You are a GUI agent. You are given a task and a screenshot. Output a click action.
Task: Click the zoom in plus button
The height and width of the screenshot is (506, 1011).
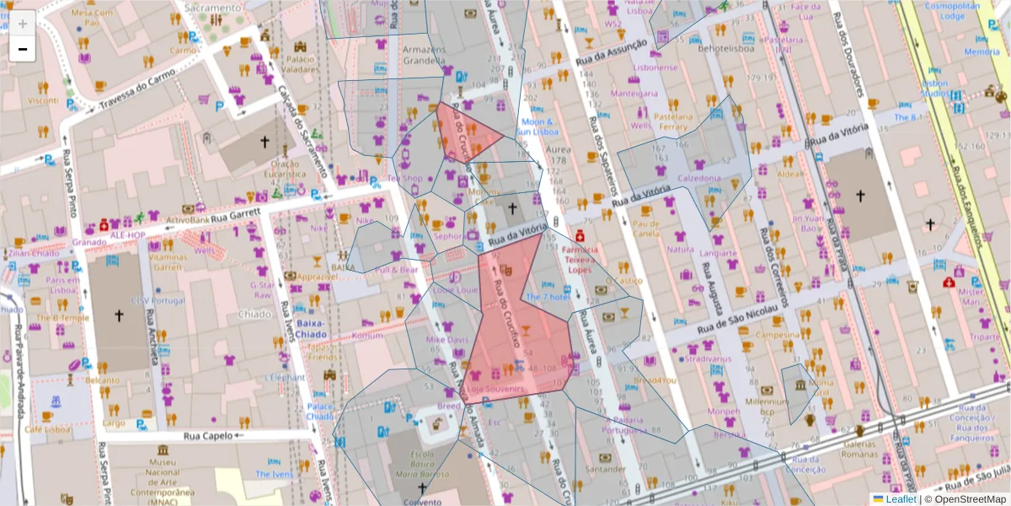(x=23, y=24)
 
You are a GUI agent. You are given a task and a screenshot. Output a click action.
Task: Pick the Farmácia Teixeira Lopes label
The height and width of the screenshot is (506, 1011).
(x=580, y=260)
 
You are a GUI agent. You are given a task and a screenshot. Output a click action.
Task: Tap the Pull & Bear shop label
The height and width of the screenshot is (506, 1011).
(x=398, y=270)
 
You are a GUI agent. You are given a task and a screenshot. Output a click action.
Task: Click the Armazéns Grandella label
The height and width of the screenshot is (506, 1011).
(x=424, y=55)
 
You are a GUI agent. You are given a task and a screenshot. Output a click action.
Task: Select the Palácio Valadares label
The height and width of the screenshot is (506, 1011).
(x=301, y=64)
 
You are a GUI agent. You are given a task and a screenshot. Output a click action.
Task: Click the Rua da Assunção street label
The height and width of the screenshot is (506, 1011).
(x=612, y=52)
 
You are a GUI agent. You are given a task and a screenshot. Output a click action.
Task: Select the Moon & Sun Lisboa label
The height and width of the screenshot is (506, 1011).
(x=538, y=127)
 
